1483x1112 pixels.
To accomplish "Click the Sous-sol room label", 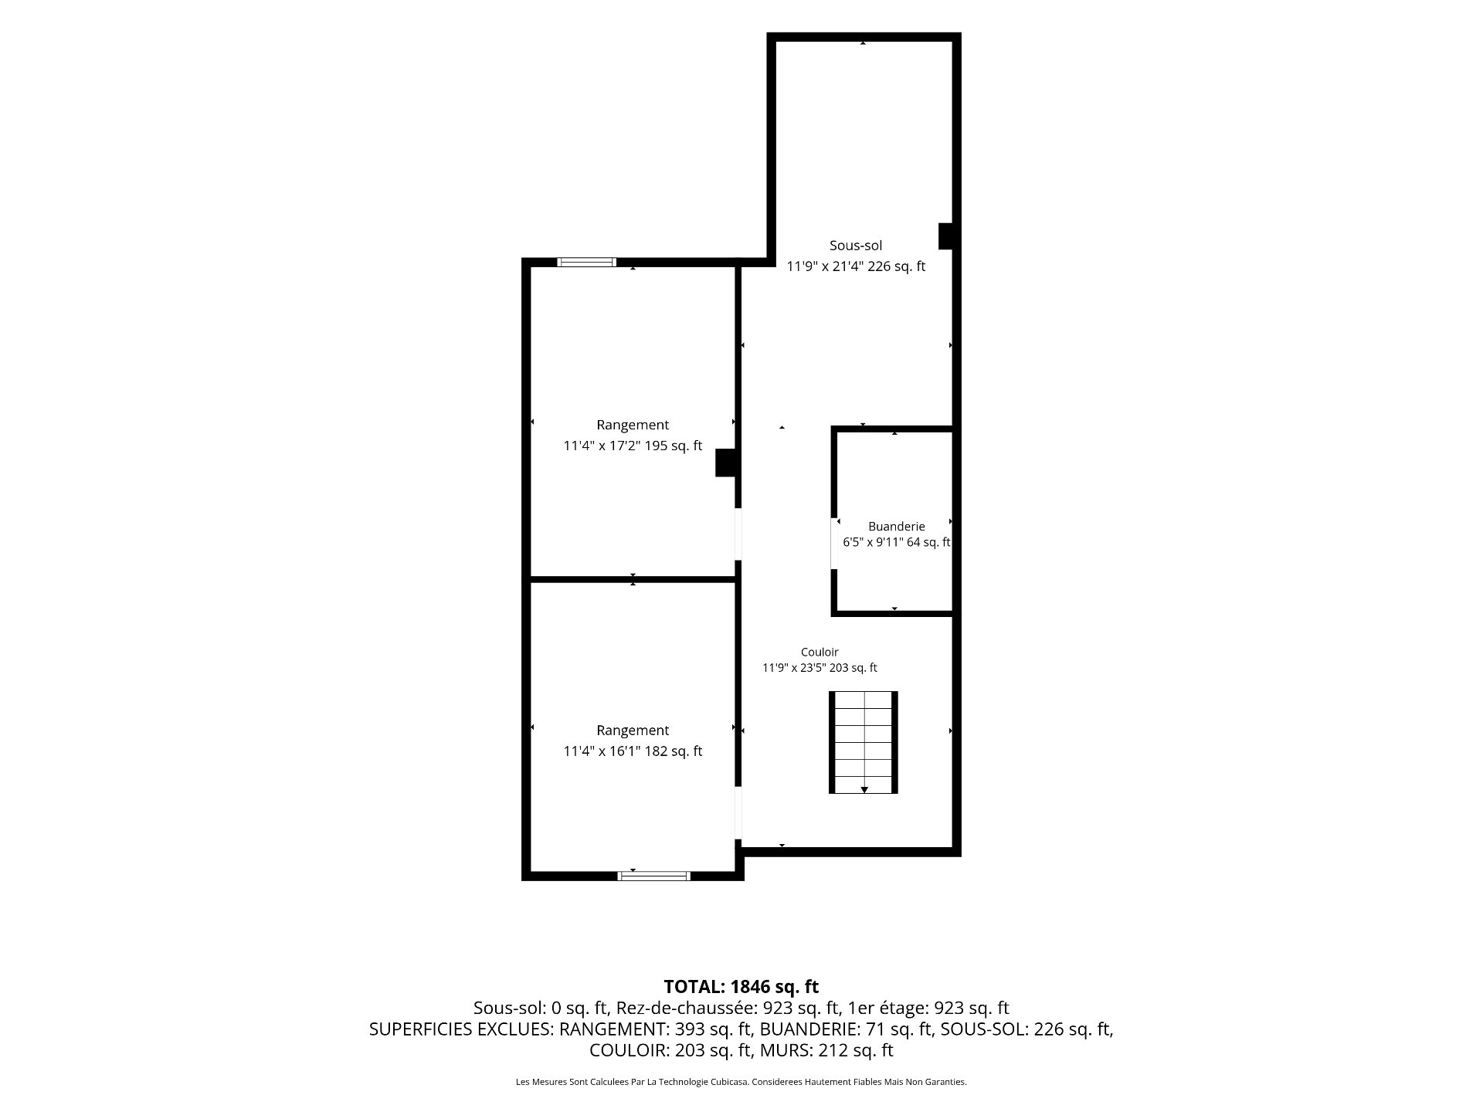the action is coord(856,246).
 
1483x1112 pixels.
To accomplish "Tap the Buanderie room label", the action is coord(896,527).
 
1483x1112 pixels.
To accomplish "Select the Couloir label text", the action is coord(820,652).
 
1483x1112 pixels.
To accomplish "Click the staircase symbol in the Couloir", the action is coord(864,742).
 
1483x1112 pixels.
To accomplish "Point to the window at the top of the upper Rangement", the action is coord(587,262).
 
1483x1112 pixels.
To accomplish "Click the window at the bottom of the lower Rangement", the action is coord(653,876).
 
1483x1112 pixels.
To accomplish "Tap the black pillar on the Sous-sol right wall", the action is coord(945,236).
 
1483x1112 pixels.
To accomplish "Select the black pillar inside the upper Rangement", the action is coord(725,463).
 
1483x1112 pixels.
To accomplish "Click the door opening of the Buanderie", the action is coord(834,544).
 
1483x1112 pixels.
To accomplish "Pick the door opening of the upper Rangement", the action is coord(738,534).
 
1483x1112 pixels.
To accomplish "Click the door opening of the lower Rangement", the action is coord(738,812).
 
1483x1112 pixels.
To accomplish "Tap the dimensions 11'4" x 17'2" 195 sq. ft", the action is coord(633,446).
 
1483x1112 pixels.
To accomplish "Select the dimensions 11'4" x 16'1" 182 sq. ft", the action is coord(633,751).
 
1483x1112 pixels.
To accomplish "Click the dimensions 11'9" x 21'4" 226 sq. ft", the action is coord(856,266).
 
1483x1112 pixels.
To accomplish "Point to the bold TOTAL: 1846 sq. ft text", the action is coord(741,986).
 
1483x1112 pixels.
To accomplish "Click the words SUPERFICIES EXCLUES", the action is coord(460,1029).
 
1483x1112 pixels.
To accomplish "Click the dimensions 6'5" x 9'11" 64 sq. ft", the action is coord(896,542).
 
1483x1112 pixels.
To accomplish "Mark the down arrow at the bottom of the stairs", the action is coord(864,789).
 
